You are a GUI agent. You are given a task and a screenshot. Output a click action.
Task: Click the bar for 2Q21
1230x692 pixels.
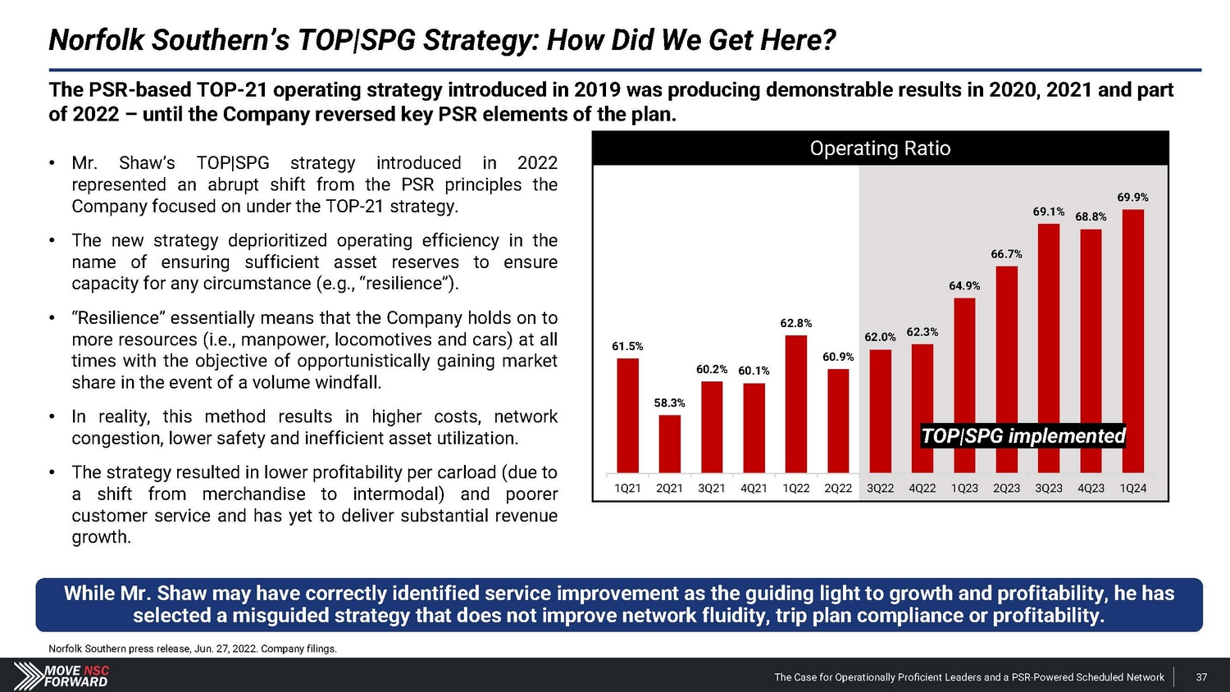(x=669, y=444)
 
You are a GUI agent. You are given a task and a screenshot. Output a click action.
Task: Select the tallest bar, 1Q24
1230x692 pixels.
(x=1132, y=341)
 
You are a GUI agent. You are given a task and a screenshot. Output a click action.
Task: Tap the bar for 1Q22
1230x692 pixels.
(x=795, y=404)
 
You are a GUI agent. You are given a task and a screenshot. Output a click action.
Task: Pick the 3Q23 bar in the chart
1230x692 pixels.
(x=1049, y=348)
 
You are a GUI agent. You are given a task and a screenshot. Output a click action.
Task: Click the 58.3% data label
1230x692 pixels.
(x=669, y=403)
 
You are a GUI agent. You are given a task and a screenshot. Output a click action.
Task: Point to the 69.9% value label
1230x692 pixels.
(x=1132, y=198)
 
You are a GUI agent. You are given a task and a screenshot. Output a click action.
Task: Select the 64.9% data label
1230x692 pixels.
(x=964, y=286)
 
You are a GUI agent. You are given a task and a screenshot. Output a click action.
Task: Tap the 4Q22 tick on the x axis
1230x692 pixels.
(x=922, y=489)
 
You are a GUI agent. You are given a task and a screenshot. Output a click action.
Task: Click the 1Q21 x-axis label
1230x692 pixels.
(x=627, y=489)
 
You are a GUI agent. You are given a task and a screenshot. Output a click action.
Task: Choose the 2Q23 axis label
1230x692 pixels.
(x=1006, y=489)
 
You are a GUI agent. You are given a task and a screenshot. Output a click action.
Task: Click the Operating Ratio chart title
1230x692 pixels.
(x=880, y=148)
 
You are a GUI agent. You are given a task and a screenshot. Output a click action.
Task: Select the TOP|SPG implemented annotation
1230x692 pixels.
(x=1023, y=436)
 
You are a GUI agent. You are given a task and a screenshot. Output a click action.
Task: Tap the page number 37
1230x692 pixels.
(x=1201, y=677)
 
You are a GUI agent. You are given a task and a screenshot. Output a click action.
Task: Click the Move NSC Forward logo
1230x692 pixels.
(x=64, y=676)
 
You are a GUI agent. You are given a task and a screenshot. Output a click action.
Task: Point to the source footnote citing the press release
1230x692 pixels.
(x=193, y=649)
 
